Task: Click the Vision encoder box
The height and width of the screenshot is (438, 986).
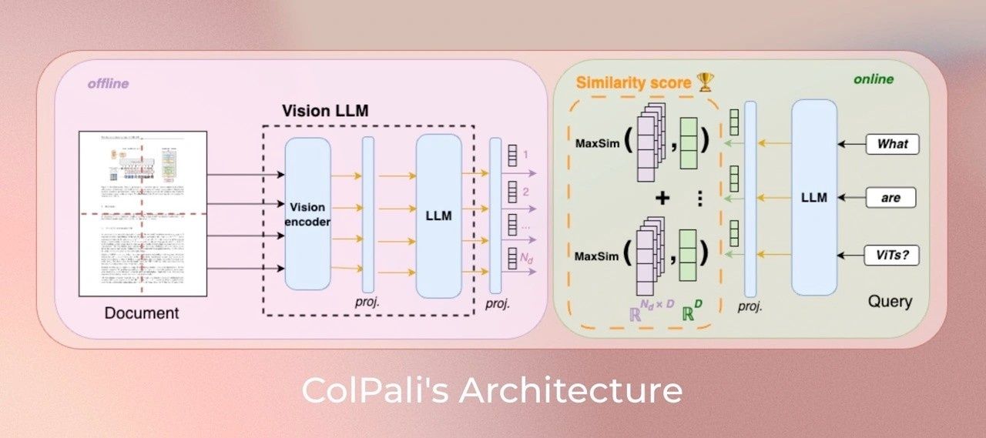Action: tap(307, 213)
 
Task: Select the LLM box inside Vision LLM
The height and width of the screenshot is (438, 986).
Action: tap(438, 216)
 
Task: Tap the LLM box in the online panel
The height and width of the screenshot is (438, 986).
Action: tap(813, 198)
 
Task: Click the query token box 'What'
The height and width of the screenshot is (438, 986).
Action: tap(892, 144)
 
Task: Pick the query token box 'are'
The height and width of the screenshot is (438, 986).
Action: tap(892, 198)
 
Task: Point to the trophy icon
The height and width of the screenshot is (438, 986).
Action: tap(706, 82)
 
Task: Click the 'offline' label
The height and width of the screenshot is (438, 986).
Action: tap(108, 83)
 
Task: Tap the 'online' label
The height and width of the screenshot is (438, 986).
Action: tap(873, 79)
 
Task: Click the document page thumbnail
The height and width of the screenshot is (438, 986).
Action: tap(143, 213)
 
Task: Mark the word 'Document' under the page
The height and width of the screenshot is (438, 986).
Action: tap(142, 313)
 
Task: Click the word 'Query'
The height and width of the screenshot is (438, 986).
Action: tap(890, 302)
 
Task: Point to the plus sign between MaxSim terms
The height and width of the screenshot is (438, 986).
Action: tap(662, 198)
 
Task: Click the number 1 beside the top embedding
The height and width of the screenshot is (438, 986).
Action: tap(525, 155)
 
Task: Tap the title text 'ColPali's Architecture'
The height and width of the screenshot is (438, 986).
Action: tap(491, 390)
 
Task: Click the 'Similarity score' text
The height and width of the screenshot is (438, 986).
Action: tap(633, 82)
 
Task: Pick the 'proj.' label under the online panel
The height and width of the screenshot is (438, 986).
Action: tap(750, 306)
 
